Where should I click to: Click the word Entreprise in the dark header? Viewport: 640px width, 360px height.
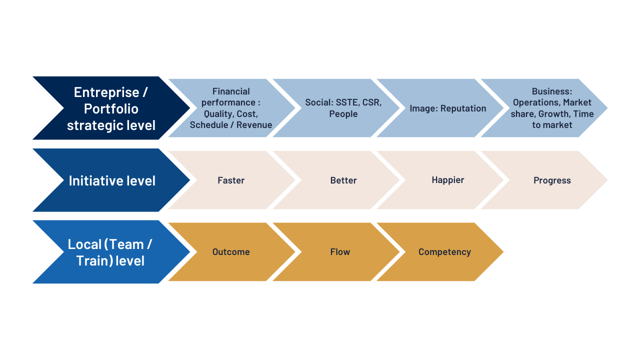coord(106,92)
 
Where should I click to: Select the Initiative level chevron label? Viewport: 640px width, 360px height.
coord(112,181)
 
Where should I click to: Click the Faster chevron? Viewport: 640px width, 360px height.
coord(231,180)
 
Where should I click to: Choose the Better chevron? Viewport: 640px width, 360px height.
coord(336,180)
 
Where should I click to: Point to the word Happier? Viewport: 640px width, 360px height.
coord(447,180)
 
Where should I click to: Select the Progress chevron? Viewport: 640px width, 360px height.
coord(544,180)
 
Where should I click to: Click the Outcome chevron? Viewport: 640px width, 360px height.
coord(231,251)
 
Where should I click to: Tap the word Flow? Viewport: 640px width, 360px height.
coord(340,251)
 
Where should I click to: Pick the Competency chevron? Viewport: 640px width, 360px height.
coord(440,251)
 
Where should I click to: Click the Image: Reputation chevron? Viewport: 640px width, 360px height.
coord(440,108)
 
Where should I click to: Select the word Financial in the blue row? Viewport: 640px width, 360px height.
coord(231,91)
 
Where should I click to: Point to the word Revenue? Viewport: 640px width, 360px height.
coord(254,125)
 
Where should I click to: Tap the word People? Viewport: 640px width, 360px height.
coord(343,113)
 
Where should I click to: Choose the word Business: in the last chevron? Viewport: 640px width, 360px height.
coord(552,91)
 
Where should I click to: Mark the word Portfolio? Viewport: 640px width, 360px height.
coord(111,109)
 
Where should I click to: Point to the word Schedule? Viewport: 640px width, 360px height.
coord(209,125)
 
